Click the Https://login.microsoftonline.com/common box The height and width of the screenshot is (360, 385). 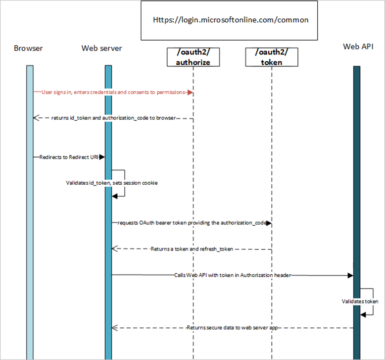click(x=229, y=20)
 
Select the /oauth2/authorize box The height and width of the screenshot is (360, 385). click(x=193, y=57)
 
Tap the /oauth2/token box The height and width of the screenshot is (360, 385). click(x=272, y=57)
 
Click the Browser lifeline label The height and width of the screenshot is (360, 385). click(x=28, y=48)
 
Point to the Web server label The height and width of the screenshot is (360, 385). click(x=101, y=48)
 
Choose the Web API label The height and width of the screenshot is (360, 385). click(x=358, y=47)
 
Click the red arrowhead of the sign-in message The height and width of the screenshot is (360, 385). click(x=190, y=93)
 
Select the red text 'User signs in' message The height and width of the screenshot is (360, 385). click(x=113, y=92)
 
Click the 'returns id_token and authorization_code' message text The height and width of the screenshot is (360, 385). click(x=113, y=118)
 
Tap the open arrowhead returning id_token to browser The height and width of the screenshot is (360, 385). click(x=36, y=118)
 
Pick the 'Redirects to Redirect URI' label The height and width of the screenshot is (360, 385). click(x=69, y=157)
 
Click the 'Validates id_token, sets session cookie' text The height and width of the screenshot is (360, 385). click(x=112, y=183)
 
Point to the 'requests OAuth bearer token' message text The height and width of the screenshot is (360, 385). click(x=192, y=223)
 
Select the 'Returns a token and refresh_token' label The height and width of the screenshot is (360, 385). click(x=192, y=249)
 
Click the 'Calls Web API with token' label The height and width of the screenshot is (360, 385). click(x=233, y=275)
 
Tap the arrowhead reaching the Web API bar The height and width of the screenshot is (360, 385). click(x=350, y=275)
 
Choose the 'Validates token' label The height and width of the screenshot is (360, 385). click(x=360, y=302)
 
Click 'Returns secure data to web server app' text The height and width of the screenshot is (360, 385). click(x=232, y=327)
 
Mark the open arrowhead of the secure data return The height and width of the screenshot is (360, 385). click(x=115, y=328)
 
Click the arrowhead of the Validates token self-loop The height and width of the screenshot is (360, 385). click(x=363, y=315)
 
